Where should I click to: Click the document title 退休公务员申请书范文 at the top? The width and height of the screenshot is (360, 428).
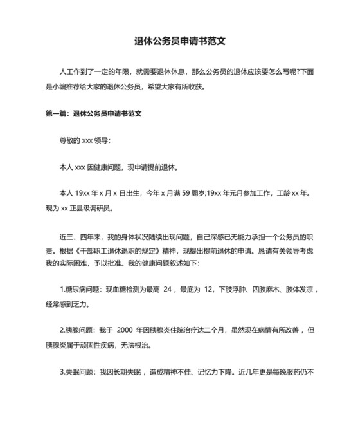[x=179, y=41]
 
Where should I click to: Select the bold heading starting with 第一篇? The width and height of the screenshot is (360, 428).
[x=93, y=113]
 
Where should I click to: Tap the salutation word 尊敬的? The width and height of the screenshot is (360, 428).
[x=69, y=140]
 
